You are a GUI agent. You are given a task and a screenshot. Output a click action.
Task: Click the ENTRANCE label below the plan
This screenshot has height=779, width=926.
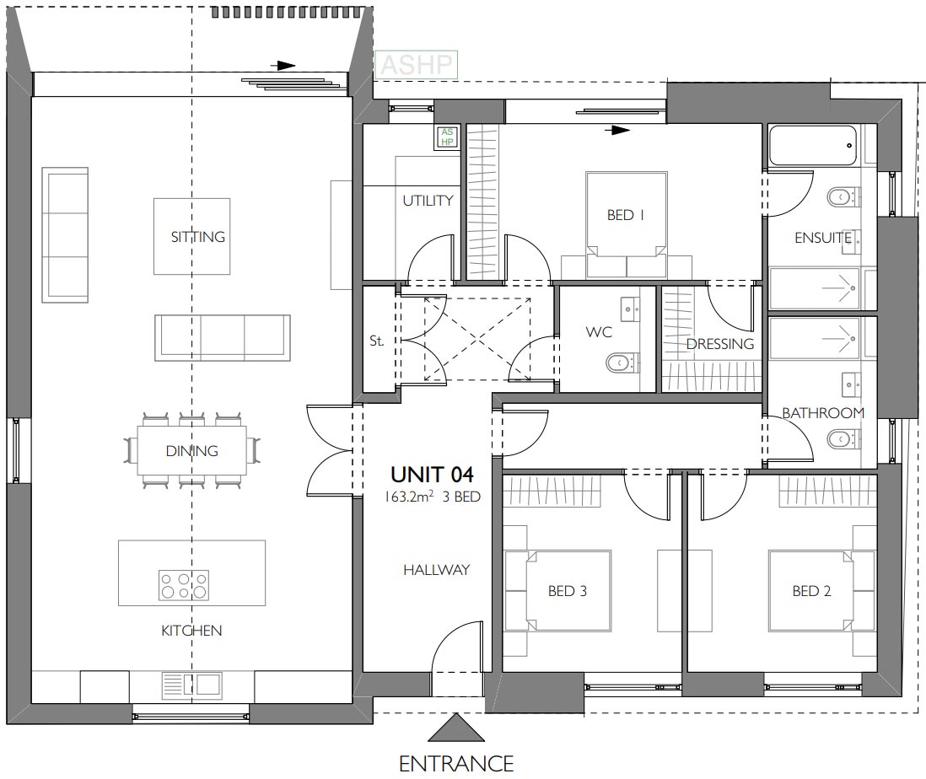(x=456, y=763)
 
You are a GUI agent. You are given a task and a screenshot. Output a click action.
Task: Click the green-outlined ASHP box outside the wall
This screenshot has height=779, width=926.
(x=416, y=65)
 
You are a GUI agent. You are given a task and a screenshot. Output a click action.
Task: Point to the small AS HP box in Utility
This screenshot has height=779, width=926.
(x=446, y=137)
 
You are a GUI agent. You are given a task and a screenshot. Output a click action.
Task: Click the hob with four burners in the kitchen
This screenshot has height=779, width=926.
(x=184, y=584)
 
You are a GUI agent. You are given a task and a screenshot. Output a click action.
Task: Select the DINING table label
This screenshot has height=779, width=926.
(x=191, y=451)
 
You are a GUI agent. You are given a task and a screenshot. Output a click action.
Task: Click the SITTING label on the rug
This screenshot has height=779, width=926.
(x=198, y=237)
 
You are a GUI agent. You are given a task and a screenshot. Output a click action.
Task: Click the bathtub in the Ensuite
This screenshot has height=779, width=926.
(x=813, y=146)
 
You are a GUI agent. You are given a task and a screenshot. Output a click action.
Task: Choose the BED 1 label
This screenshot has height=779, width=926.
(x=626, y=216)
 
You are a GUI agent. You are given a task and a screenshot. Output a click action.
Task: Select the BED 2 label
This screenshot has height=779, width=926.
(x=811, y=591)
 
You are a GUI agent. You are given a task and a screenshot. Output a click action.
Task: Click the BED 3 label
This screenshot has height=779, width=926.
(x=567, y=591)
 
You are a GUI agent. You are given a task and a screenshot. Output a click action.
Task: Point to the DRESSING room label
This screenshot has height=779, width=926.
(x=719, y=344)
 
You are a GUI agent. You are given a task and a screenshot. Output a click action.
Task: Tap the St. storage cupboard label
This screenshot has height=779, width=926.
(x=376, y=341)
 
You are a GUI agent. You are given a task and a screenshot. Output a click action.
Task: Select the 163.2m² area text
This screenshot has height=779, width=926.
(x=409, y=497)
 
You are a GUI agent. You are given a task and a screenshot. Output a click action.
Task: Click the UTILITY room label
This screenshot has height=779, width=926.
(x=428, y=201)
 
